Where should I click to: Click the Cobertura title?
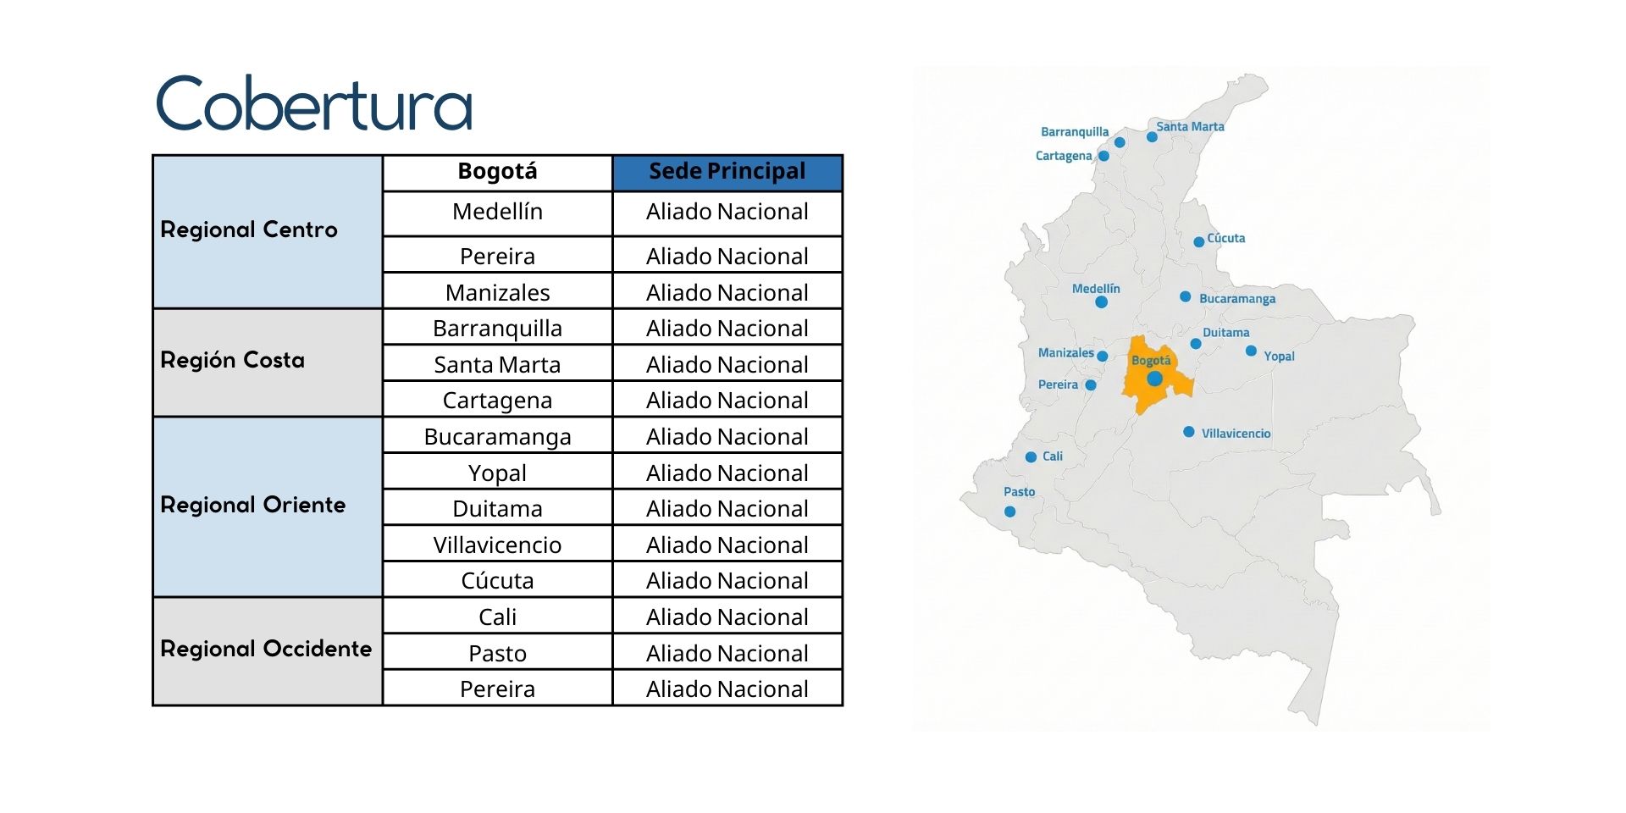click(x=313, y=103)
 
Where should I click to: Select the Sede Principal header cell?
click(x=727, y=172)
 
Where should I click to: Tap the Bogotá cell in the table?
click(x=497, y=172)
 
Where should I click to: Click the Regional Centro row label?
click(x=249, y=230)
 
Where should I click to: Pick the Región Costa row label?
click(x=233, y=360)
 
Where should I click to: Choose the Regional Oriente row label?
click(x=253, y=505)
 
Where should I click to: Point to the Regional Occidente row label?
click(x=266, y=649)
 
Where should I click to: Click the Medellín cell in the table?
click(x=497, y=212)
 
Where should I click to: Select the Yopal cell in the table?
click(x=497, y=473)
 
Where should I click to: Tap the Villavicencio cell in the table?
click(x=497, y=545)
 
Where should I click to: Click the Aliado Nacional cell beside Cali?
click(x=727, y=617)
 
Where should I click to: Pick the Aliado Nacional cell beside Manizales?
click(x=727, y=292)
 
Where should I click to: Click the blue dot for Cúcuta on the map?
click(x=1198, y=242)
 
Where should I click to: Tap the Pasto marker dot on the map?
click(x=1009, y=512)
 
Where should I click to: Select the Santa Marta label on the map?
click(x=1190, y=126)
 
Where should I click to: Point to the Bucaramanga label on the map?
click(x=1236, y=299)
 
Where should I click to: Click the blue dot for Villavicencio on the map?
click(x=1189, y=432)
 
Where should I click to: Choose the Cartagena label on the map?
click(x=1064, y=156)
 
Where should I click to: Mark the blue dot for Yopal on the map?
click(x=1251, y=351)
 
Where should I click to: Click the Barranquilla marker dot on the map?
click(x=1120, y=142)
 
